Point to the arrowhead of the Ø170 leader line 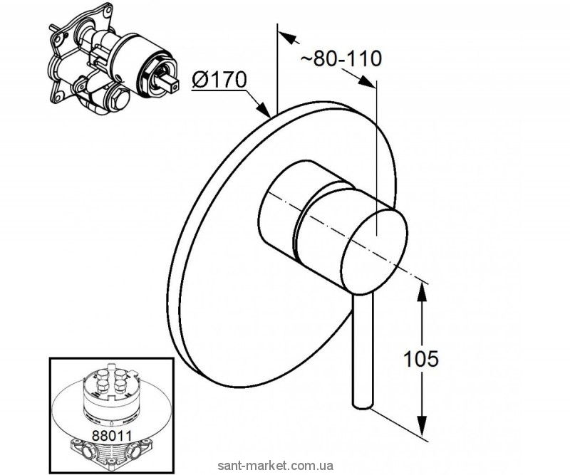point(266,113)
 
